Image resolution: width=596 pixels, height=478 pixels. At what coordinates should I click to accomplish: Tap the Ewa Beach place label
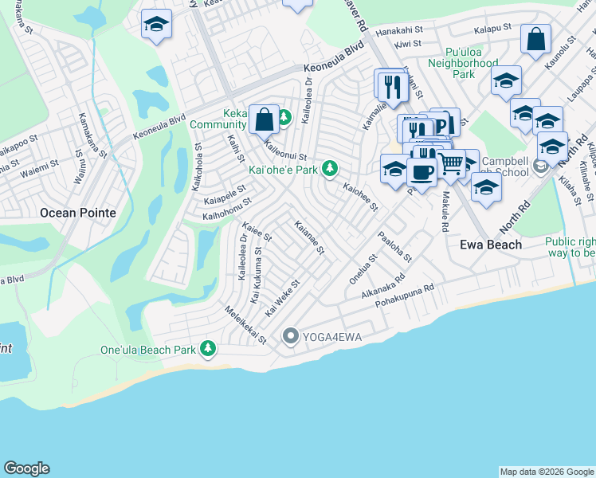491,245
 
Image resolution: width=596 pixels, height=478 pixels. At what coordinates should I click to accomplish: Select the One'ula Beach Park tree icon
208,348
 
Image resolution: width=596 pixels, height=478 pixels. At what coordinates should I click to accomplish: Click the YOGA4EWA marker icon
290,338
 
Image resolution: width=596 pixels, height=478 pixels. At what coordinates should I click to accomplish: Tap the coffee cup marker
422,171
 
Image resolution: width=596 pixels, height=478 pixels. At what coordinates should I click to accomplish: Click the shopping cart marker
451,163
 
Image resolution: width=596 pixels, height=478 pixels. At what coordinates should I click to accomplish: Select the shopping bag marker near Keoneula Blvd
264,119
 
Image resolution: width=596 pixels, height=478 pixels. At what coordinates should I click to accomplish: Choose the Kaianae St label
309,237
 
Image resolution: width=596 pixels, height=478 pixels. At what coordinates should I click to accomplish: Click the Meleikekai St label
245,326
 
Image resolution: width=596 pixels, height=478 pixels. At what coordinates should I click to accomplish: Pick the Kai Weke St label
282,296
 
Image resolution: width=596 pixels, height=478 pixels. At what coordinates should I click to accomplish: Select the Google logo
26,468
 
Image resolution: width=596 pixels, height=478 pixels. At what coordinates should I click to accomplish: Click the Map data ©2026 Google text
546,472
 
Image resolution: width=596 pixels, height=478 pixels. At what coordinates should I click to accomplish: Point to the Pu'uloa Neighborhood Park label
462,68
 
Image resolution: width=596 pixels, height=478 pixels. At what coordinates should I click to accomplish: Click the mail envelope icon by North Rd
541,165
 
